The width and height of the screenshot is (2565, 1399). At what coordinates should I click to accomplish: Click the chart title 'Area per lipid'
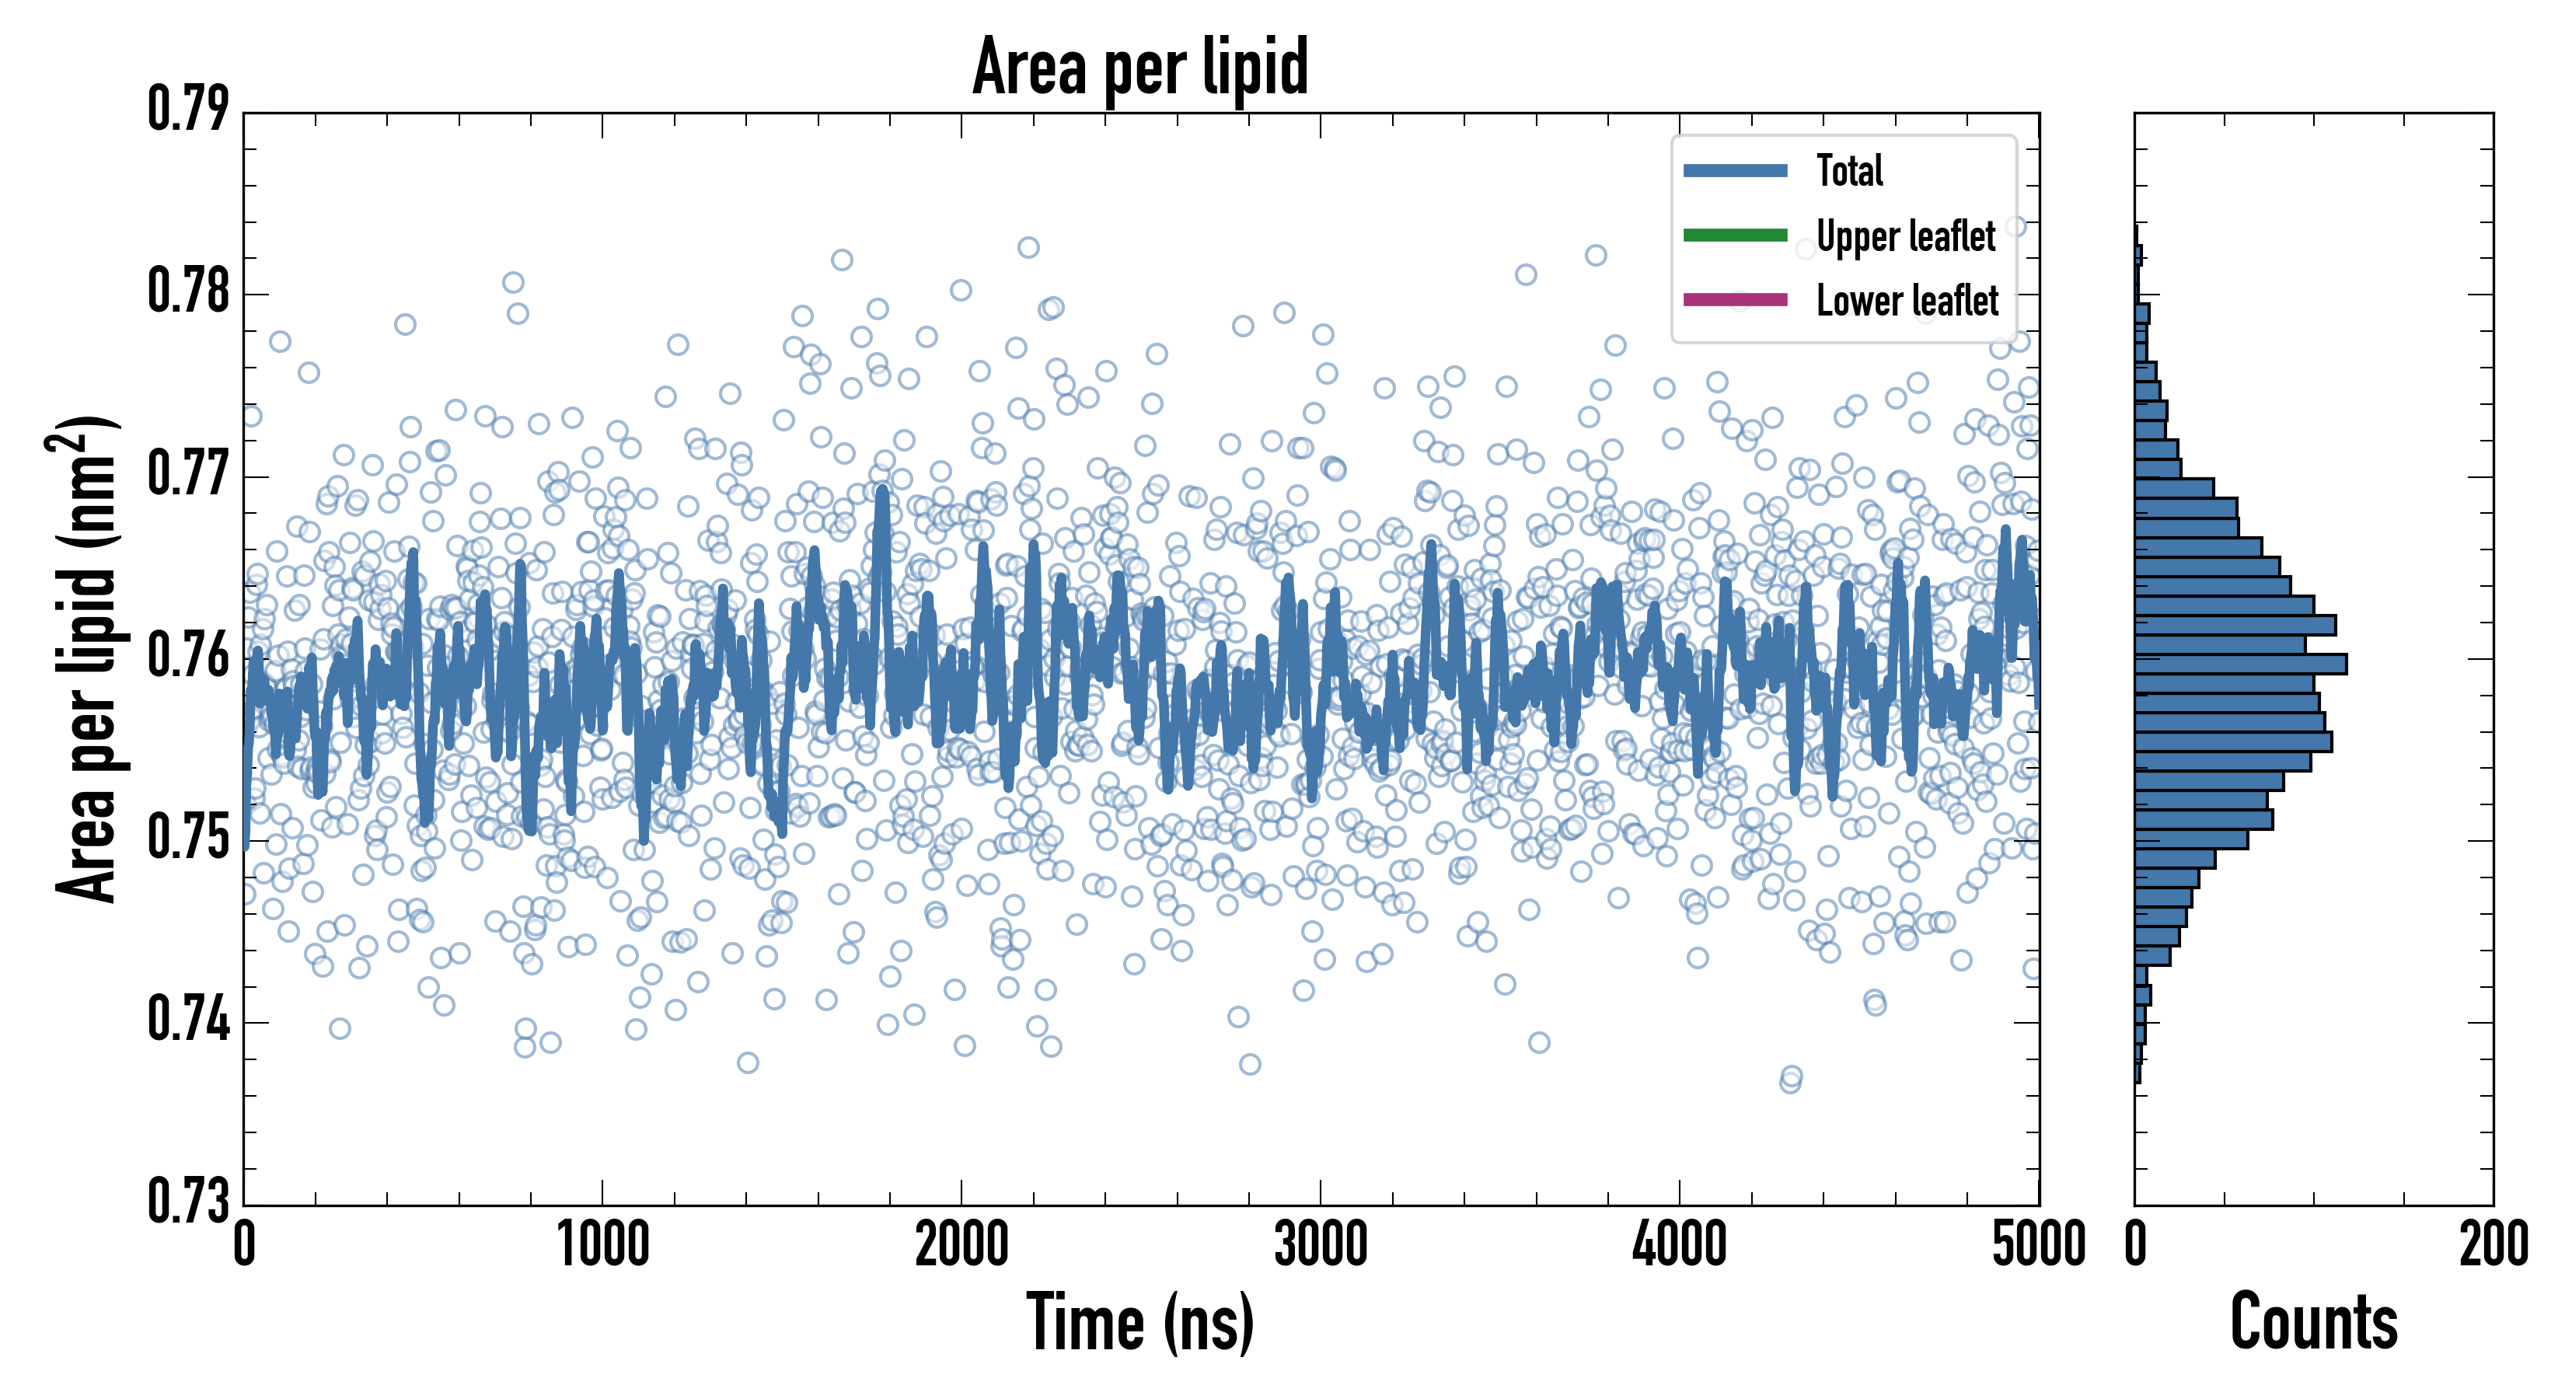pyautogui.click(x=1140, y=67)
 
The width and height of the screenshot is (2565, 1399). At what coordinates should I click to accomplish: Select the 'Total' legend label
pyautogui.click(x=1849, y=170)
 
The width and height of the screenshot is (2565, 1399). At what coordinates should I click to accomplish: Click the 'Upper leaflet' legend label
pyautogui.click(x=1905, y=236)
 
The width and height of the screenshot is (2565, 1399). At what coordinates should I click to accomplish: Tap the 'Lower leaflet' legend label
pyautogui.click(x=1907, y=300)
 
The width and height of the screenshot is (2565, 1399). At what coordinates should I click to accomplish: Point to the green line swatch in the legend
pyautogui.click(x=1735, y=235)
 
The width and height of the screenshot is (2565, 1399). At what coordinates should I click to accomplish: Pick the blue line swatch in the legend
pyautogui.click(x=1735, y=170)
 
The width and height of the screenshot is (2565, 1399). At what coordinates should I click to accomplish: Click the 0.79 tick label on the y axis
pyautogui.click(x=188, y=110)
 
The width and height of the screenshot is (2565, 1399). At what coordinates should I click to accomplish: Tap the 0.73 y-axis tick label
pyautogui.click(x=188, y=1201)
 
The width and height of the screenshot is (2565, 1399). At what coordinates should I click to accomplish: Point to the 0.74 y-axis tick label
pyautogui.click(x=188, y=1020)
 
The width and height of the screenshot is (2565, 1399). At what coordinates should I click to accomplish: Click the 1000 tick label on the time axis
pyautogui.click(x=602, y=1244)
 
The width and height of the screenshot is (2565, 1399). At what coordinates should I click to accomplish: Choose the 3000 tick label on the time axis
pyautogui.click(x=1321, y=1244)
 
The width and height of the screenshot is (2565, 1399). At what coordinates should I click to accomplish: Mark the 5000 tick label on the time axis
pyautogui.click(x=2038, y=1244)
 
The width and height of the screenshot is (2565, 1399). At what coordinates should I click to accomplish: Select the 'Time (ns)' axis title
pyautogui.click(x=1140, y=1322)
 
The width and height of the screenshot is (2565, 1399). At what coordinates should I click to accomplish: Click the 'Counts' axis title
pyautogui.click(x=2314, y=1322)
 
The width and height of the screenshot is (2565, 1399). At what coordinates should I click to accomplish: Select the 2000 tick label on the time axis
pyautogui.click(x=962, y=1244)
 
